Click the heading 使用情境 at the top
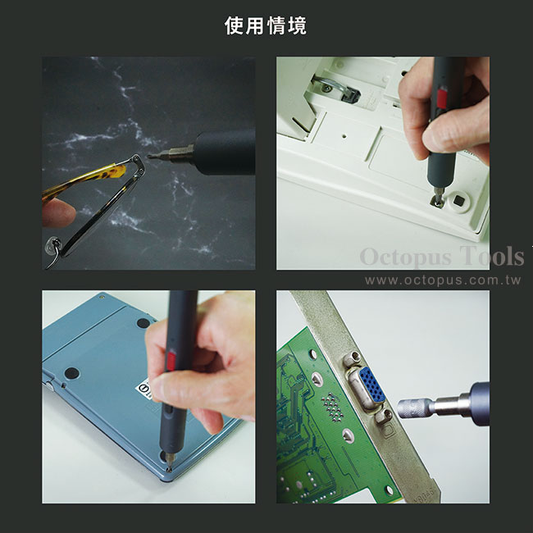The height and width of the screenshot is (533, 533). [x=266, y=25]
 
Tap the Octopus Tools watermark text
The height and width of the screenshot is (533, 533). [x=442, y=257]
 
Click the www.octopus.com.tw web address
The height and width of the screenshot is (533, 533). [x=443, y=280]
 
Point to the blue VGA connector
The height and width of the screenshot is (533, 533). [x=371, y=384]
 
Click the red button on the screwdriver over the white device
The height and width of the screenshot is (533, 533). [x=441, y=98]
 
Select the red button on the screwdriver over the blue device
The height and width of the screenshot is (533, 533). [x=171, y=361]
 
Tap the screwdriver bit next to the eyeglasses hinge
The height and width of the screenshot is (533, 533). [x=171, y=153]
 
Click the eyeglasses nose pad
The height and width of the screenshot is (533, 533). [x=53, y=246]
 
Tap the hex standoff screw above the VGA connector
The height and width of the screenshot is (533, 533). [x=352, y=358]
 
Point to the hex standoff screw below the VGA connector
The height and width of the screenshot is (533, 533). [x=384, y=416]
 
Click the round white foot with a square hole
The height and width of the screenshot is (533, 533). [x=458, y=201]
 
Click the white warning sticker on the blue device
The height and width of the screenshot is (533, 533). [x=144, y=389]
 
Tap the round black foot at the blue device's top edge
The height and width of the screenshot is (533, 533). [x=143, y=322]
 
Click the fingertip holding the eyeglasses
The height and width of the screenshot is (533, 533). [x=57, y=213]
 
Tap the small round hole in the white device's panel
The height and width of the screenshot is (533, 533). [x=344, y=136]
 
